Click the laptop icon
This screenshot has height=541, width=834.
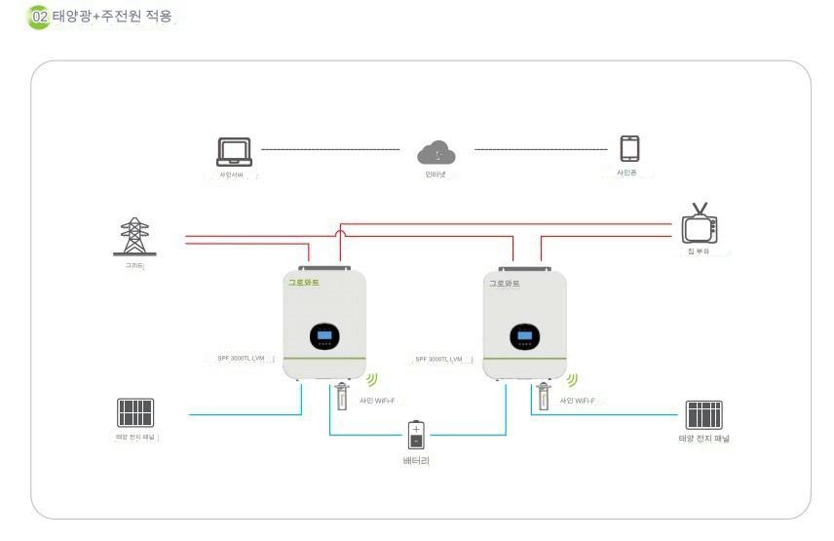point(234,151)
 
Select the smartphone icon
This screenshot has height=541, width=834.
point(629,149)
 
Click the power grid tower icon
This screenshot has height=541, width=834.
point(133,237)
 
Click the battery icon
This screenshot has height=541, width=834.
point(416,435)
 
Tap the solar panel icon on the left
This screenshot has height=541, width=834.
point(135,412)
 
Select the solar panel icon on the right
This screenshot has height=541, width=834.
point(703,414)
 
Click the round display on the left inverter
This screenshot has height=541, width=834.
point(325,336)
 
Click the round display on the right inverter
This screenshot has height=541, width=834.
point(525,336)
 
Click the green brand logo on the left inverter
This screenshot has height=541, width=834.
point(303,283)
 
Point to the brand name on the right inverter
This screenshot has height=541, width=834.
point(504,284)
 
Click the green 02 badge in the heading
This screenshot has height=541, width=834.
point(40,17)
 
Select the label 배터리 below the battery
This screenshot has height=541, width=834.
point(416,460)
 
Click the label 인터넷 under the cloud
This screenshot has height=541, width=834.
point(436,174)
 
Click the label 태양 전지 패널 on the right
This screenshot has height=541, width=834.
point(703,439)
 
